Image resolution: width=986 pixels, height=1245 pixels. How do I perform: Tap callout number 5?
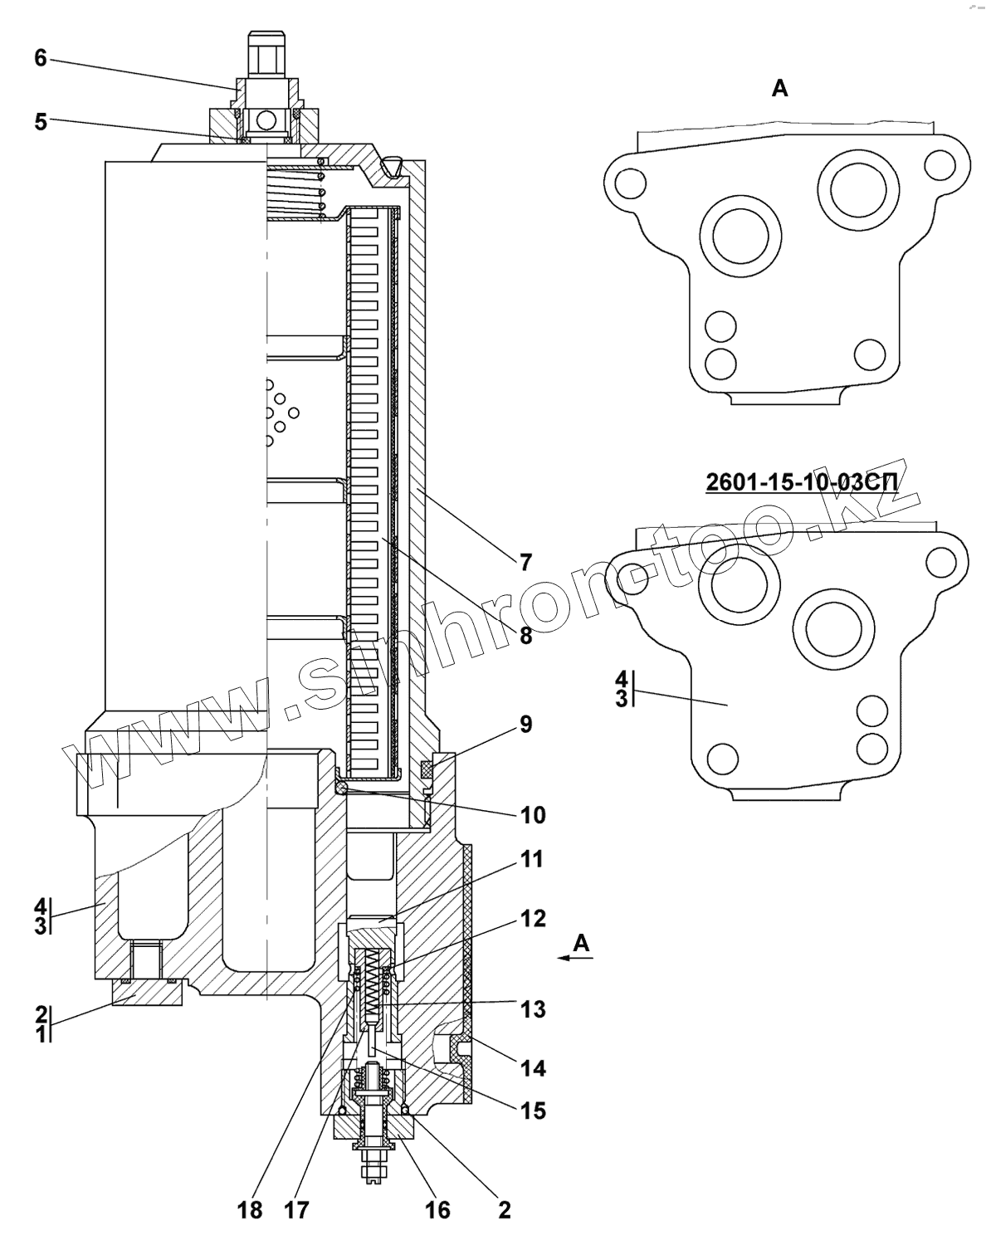pyautogui.click(x=41, y=121)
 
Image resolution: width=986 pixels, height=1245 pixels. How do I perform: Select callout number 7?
pyautogui.click(x=525, y=563)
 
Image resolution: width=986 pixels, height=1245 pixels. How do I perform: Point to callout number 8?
pyautogui.click(x=525, y=636)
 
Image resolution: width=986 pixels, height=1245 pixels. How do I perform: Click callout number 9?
pyautogui.click(x=525, y=724)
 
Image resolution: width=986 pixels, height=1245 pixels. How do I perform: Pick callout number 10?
pyautogui.click(x=533, y=815)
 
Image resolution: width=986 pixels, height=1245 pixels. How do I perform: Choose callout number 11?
pyautogui.click(x=533, y=859)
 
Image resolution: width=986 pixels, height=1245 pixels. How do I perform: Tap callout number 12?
pyautogui.click(x=533, y=919)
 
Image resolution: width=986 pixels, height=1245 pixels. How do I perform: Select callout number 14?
pyautogui.click(x=533, y=1068)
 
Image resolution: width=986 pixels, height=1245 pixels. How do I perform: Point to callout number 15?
pyautogui.click(x=533, y=1110)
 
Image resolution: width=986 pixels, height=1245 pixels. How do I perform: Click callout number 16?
pyautogui.click(x=437, y=1210)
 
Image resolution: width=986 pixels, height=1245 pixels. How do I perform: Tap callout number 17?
pyautogui.click(x=296, y=1210)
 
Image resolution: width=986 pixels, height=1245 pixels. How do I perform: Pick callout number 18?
pyautogui.click(x=249, y=1210)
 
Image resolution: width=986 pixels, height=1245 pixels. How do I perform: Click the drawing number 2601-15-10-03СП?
pyautogui.click(x=802, y=482)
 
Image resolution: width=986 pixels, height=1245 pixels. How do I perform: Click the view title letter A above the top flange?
pyautogui.click(x=779, y=88)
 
